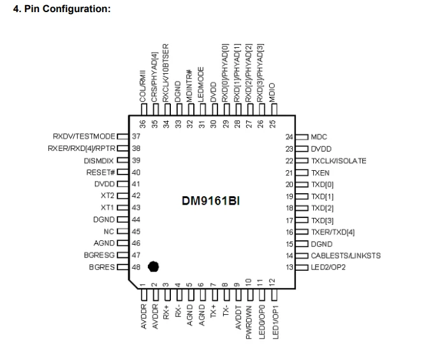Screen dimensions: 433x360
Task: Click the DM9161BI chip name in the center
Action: [210, 201]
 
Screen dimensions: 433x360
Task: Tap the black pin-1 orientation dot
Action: [154, 266]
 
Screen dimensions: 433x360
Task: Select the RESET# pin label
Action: [101, 173]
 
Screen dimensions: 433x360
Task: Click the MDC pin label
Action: [319, 137]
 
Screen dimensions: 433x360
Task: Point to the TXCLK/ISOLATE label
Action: [339, 161]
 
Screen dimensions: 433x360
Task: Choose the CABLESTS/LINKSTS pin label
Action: [346, 256]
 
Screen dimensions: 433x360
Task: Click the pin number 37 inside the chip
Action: [136, 136]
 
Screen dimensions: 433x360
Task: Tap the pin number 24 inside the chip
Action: [289, 137]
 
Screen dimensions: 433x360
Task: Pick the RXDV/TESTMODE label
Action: [84, 136]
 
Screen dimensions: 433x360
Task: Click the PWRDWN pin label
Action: [249, 322]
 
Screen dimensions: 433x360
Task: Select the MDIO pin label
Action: [272, 92]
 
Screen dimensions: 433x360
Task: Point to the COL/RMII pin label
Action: [143, 86]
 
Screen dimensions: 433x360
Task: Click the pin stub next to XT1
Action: [123, 208]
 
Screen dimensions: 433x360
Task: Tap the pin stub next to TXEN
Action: [302, 173]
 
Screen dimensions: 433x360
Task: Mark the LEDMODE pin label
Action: [201, 84]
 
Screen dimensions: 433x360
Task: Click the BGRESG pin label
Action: [99, 255]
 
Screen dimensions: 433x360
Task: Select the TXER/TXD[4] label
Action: [333, 233]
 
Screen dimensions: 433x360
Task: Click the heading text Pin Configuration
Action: [68, 9]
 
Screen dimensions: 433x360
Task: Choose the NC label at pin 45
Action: [109, 231]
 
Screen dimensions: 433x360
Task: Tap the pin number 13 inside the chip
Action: [290, 268]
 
